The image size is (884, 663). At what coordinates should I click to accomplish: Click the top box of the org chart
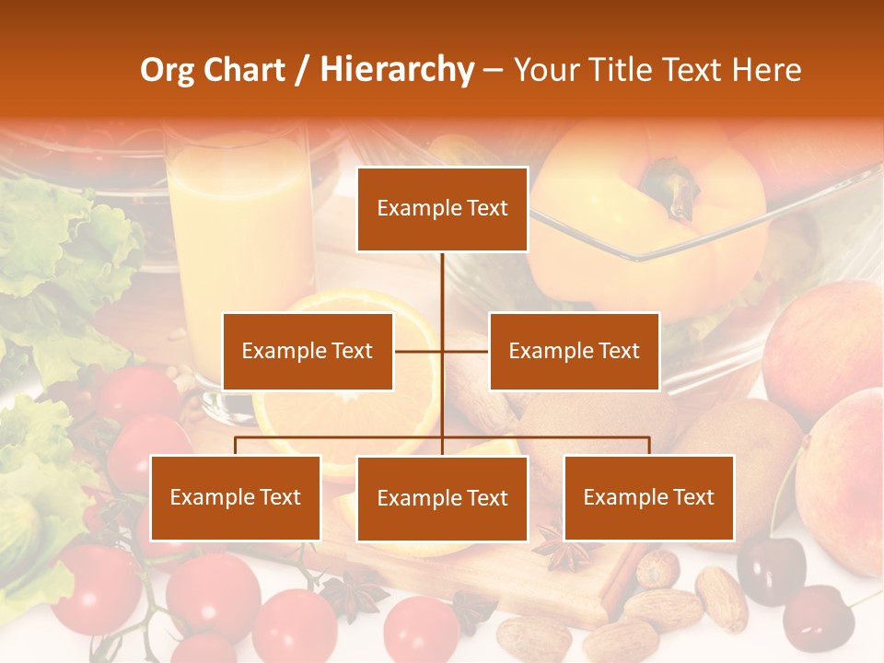(x=442, y=209)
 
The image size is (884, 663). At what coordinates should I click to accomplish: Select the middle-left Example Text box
(x=308, y=351)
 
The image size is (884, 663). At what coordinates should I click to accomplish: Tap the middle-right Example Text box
(x=574, y=351)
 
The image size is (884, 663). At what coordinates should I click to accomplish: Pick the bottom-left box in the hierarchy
(x=236, y=497)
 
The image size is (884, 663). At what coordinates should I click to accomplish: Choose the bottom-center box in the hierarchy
(x=442, y=498)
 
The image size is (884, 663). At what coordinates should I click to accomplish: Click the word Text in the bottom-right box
(x=692, y=497)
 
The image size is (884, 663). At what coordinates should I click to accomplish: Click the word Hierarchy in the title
(x=397, y=70)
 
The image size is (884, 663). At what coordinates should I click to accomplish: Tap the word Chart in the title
(x=243, y=70)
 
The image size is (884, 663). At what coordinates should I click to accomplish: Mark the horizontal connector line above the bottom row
(x=341, y=437)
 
